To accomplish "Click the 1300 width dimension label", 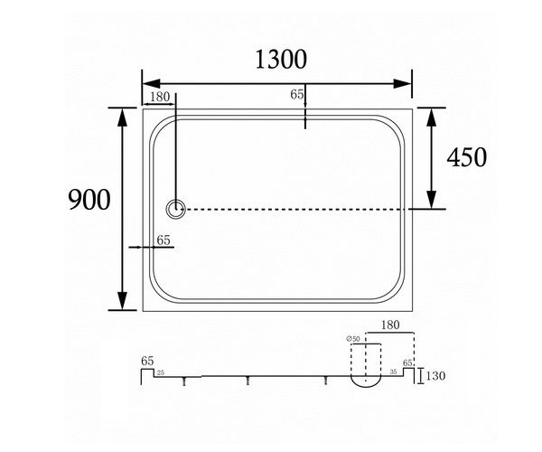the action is (281, 60).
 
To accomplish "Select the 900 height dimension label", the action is (89, 200).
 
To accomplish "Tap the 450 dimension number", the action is (467, 157).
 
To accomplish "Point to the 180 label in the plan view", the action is (160, 97).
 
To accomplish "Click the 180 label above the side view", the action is (390, 325).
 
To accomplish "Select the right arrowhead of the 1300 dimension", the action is (402, 84).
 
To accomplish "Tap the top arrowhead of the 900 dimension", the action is (122, 117).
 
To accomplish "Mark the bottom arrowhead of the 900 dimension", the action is (122, 301).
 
